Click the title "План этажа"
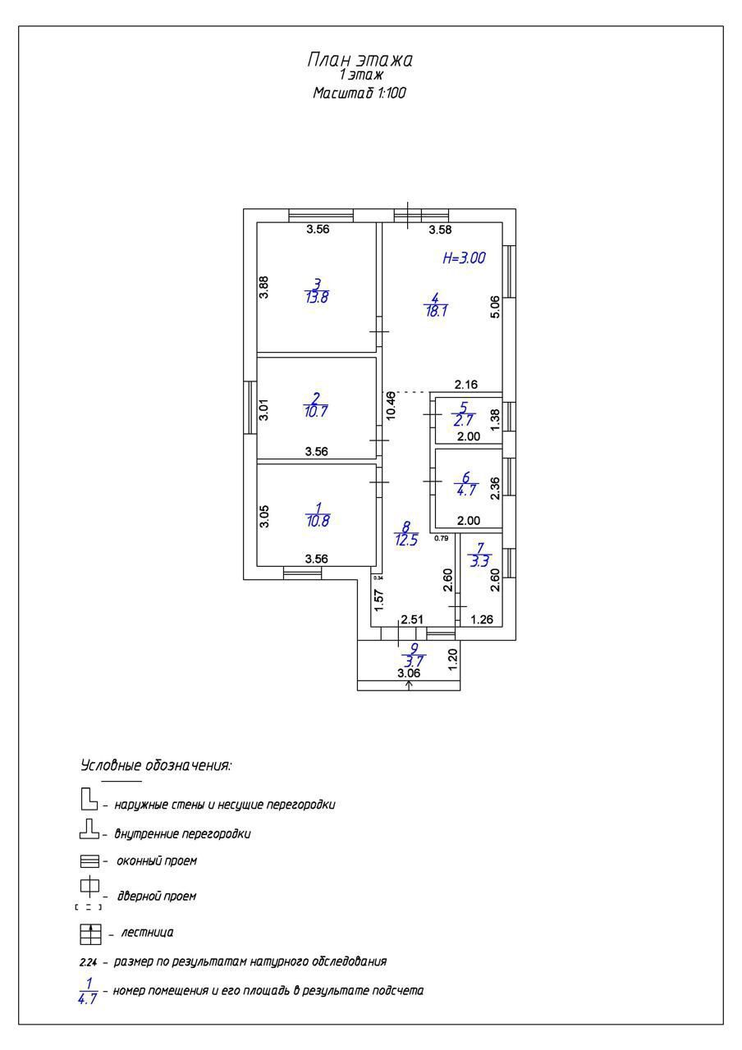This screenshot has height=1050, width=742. [360, 60]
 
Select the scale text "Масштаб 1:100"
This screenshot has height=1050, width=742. [360, 94]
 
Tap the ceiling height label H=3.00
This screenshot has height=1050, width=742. [464, 258]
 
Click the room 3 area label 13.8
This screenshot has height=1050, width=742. [316, 297]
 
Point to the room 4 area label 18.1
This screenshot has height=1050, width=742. [435, 312]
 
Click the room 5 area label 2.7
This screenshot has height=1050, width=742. [464, 421]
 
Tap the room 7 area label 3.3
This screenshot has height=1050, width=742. [479, 562]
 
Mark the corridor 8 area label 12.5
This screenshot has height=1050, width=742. [406, 540]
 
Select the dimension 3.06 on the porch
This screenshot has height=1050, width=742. [409, 673]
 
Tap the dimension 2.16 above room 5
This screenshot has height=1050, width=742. [466, 385]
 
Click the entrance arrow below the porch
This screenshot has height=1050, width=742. [409, 685]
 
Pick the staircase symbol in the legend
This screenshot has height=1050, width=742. [89, 934]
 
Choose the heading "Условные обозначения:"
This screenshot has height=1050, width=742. [156, 765]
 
